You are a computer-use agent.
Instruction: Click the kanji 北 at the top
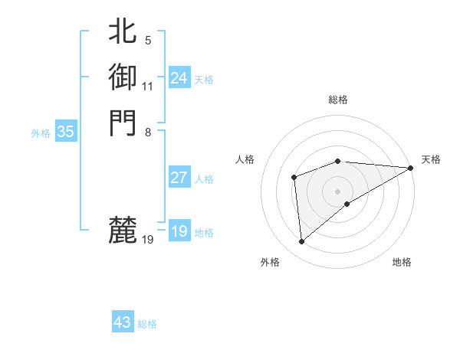coord(123,32)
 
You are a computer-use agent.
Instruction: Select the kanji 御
coord(123,77)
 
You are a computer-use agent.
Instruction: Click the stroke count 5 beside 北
coord(147,41)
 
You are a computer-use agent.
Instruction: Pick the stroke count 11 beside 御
coord(147,86)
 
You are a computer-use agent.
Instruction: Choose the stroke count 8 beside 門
coord(147,131)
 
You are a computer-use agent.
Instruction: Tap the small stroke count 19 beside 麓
coord(148,240)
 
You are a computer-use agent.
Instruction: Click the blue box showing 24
coord(179,78)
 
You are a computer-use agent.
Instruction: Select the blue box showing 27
coord(179,178)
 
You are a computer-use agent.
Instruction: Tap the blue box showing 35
coord(65,132)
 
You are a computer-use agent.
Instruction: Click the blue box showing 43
coord(122,322)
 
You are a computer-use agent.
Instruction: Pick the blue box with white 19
coord(179,231)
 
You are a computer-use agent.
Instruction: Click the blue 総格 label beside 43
coord(147,324)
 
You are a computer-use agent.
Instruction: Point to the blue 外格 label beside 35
coord(41,133)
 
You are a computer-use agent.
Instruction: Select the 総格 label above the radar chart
coord(338,100)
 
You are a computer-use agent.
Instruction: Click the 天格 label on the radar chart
coord(431,159)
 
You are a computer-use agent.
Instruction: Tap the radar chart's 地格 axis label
coord(402,263)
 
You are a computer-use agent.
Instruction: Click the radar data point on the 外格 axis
coord(302,242)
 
